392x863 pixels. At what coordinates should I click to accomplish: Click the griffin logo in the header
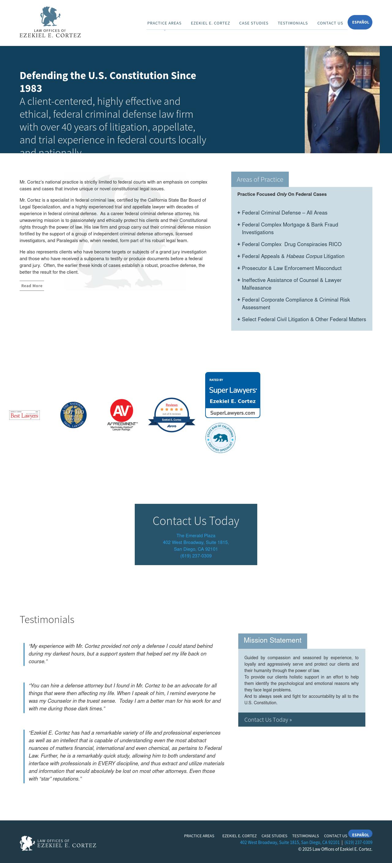tap(50, 17)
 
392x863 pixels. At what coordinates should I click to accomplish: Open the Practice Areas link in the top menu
tap(164, 23)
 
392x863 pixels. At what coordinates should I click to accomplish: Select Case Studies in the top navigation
tap(253, 23)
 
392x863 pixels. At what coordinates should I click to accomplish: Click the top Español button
tap(360, 22)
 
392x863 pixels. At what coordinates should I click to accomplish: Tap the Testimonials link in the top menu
tap(292, 23)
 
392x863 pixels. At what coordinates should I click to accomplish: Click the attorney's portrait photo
tap(342, 100)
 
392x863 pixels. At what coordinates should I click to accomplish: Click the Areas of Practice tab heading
tap(260, 180)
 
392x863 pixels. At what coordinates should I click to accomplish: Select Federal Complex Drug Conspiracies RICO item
tap(291, 244)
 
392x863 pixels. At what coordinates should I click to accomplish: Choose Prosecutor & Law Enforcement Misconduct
tap(291, 268)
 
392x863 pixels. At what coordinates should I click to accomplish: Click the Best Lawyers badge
tap(24, 415)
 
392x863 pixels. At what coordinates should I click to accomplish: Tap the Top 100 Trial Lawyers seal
tap(73, 415)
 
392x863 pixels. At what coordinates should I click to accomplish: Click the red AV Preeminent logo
tap(122, 414)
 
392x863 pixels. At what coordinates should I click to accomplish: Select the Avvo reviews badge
tap(171, 415)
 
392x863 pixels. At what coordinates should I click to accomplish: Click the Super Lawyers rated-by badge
tap(232, 395)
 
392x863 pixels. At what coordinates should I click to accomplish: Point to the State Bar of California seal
tap(220, 438)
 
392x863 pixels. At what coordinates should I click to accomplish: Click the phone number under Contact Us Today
tap(196, 556)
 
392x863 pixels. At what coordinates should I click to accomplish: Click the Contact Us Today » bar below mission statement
tap(301, 720)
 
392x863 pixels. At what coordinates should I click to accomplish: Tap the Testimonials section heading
tap(47, 619)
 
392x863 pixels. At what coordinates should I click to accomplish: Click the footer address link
tap(290, 842)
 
